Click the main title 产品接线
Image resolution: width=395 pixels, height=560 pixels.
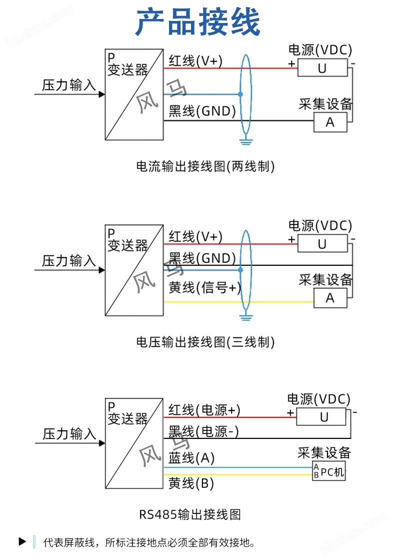tap(198, 23)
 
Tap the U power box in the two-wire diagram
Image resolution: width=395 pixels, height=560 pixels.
tap(322, 68)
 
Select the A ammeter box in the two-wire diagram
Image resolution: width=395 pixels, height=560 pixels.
tap(330, 122)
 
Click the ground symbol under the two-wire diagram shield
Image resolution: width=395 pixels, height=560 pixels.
tap(245, 141)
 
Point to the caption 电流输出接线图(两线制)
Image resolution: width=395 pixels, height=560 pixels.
tap(205, 166)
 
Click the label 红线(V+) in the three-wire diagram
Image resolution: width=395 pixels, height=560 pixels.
tap(195, 236)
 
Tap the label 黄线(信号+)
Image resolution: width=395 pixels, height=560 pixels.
tap(204, 288)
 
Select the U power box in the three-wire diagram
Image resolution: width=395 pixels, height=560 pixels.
tap(322, 244)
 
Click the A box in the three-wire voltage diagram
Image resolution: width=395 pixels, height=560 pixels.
tap(330, 298)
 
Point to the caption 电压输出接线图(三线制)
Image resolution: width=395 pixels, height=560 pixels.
tap(205, 342)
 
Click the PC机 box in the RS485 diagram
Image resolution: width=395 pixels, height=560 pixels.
tap(329, 471)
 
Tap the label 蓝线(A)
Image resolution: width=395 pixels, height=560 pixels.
tap(191, 458)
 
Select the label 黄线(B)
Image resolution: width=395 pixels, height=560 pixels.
tap(191, 483)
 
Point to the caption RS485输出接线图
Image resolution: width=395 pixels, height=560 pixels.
tap(190, 514)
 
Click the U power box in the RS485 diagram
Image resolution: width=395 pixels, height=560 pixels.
tap(321, 417)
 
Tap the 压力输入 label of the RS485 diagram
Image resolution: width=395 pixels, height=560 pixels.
tap(69, 434)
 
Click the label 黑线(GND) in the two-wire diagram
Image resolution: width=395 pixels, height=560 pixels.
tap(202, 111)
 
